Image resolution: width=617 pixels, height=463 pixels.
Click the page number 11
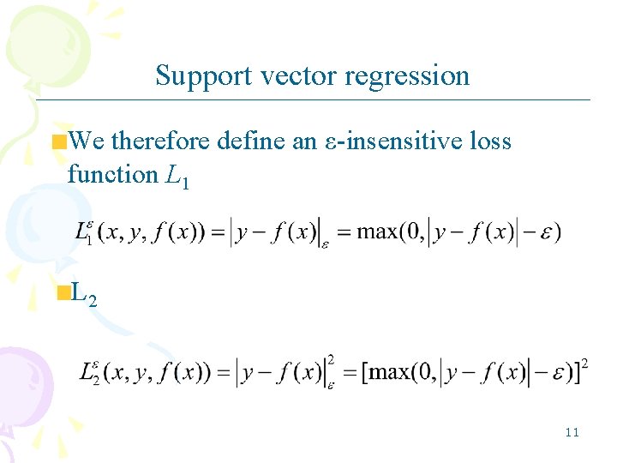(572, 432)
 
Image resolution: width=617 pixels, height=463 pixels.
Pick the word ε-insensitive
(391, 141)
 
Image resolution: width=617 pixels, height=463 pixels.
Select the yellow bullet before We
(59, 141)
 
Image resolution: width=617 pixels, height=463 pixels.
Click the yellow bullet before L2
(62, 294)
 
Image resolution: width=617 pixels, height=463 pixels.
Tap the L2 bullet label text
(83, 295)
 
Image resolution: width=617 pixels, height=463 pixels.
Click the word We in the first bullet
(87, 141)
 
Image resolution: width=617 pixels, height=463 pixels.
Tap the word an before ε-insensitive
(304, 141)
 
